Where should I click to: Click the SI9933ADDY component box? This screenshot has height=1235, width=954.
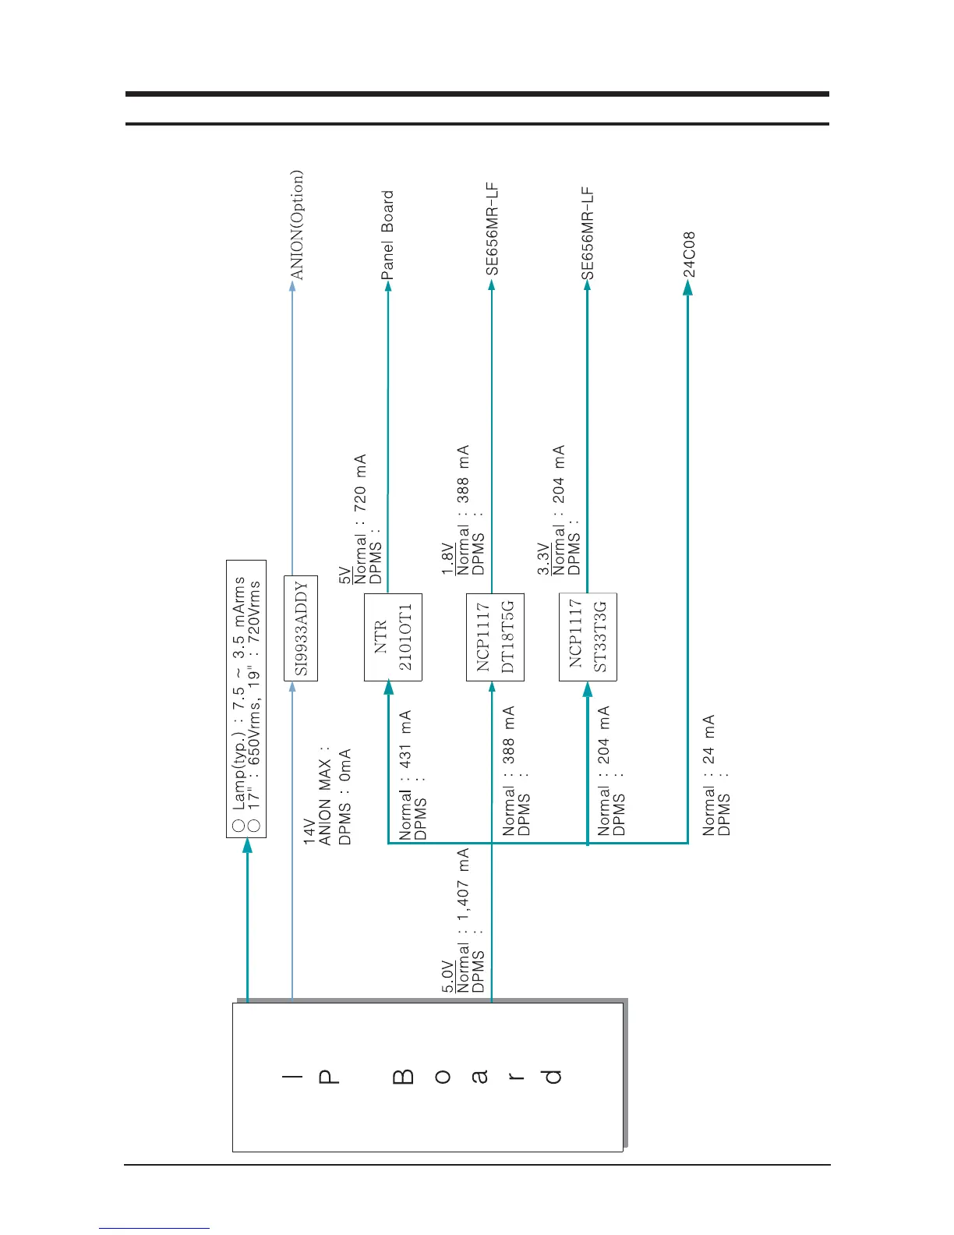300,628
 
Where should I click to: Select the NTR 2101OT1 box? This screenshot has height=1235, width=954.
393,637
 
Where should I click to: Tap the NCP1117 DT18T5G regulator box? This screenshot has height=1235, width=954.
495,637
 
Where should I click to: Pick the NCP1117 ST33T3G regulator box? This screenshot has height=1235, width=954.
588,637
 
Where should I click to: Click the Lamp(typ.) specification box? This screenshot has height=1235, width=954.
246,699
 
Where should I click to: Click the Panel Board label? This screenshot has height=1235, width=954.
387,235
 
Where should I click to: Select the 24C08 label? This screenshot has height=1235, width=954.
689,254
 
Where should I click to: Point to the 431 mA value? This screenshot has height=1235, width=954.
405,738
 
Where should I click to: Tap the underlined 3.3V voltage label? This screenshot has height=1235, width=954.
543,560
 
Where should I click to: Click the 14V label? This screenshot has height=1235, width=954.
309,831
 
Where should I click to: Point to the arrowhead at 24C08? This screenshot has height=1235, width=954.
687,288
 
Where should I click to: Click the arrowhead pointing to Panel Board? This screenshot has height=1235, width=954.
388,287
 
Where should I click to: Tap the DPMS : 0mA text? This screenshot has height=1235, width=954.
345,797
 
